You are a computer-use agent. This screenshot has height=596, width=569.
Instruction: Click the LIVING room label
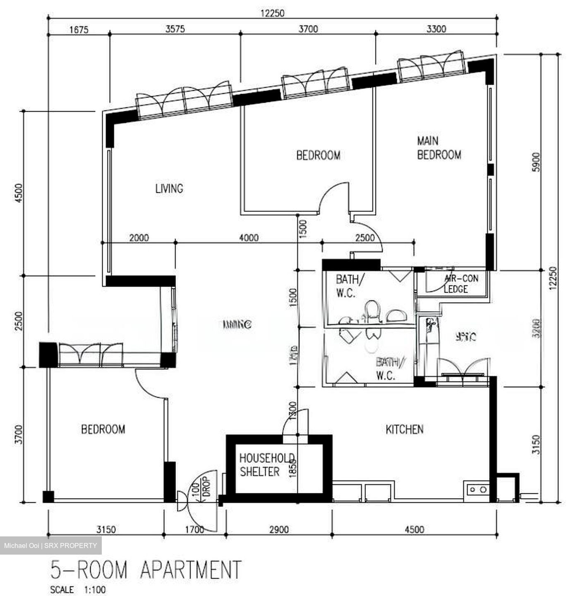tap(169, 189)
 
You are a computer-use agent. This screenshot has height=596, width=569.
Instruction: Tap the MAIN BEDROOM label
tap(439, 148)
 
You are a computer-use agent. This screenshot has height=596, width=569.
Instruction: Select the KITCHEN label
tap(404, 430)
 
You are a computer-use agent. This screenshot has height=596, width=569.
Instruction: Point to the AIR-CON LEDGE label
tap(460, 284)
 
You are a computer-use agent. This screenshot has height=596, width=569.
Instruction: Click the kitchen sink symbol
tap(477, 490)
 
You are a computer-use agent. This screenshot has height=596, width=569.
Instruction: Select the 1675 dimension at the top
tap(79, 29)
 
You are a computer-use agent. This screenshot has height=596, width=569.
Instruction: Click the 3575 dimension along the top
tap(175, 29)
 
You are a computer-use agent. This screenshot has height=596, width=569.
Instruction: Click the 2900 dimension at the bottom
tap(278, 529)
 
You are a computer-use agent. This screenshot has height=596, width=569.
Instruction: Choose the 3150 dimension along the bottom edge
tap(106, 529)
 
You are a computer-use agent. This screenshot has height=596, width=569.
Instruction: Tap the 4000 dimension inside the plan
tap(249, 238)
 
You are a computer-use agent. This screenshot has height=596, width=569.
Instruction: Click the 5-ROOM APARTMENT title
tap(145, 570)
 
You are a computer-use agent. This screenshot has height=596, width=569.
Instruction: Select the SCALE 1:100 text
tap(78, 590)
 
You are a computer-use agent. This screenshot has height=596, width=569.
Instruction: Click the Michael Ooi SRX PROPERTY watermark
tap(50, 546)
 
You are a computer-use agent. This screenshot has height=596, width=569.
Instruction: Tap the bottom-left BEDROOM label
tap(103, 429)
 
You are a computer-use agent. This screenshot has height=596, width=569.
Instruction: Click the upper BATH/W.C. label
tap(350, 286)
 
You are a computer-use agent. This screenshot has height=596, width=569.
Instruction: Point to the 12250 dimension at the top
tap(272, 13)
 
